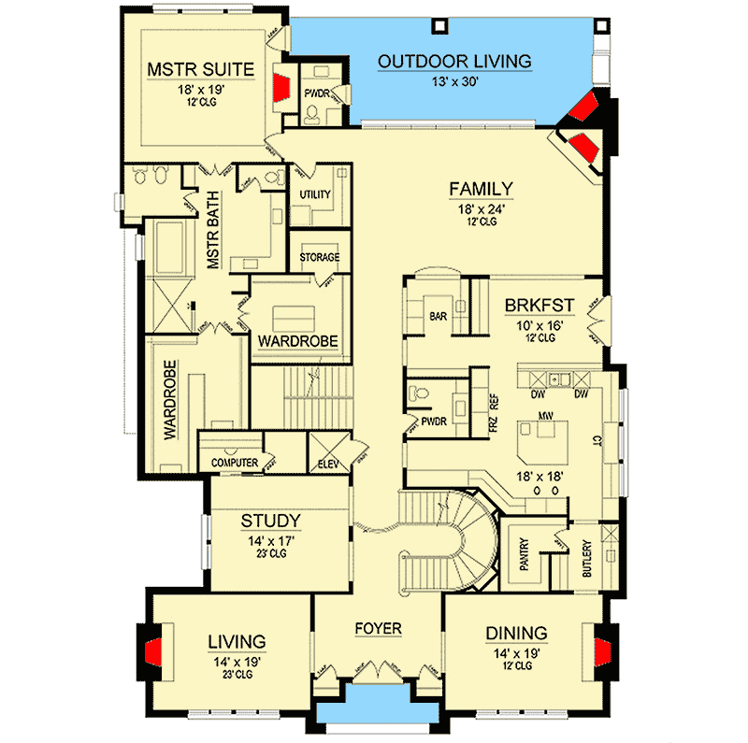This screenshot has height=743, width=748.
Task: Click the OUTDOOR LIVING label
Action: pyautogui.click(x=454, y=62)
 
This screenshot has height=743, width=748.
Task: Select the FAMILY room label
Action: pyautogui.click(x=482, y=188)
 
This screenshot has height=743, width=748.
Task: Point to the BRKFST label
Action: pyautogui.click(x=537, y=305)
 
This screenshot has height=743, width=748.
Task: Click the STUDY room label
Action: pyautogui.click(x=270, y=521)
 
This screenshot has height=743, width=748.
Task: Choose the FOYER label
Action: pyautogui.click(x=378, y=629)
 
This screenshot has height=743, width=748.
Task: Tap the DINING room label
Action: pyautogui.click(x=516, y=633)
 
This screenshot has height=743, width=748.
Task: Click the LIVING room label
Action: pyautogui.click(x=236, y=641)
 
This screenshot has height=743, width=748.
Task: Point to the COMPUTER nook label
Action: pyautogui.click(x=234, y=463)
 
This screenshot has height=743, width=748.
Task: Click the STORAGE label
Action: pyautogui.click(x=319, y=257)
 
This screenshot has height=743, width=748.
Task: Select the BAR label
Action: pyautogui.click(x=437, y=318)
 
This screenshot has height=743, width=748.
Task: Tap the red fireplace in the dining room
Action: pyautogui.click(x=598, y=650)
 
